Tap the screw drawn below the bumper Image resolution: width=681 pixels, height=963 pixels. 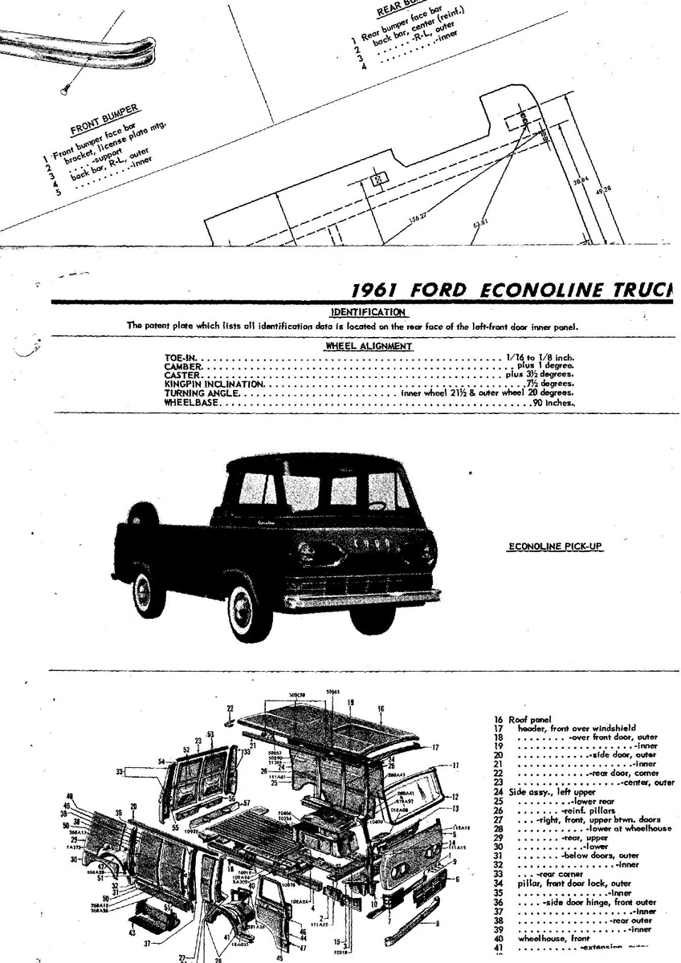tap(63, 89)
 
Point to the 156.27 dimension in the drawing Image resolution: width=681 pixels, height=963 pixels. tap(417, 217)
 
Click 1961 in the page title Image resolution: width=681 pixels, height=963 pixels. tap(381, 290)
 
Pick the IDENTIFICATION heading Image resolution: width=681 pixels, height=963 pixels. tap(368, 311)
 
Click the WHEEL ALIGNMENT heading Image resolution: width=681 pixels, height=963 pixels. tap(369, 347)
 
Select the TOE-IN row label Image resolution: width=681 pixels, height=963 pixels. tap(181, 356)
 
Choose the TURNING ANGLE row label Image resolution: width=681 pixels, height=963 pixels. tap(201, 393)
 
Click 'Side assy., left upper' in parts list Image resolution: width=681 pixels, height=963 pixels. tap(546, 791)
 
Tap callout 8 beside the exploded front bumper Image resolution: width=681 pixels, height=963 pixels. tap(437, 924)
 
